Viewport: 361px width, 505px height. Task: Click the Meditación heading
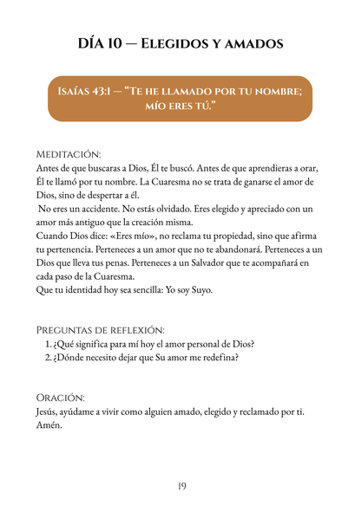[x=69, y=152]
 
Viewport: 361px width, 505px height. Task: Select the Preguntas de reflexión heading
[x=98, y=331]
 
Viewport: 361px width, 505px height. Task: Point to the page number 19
[x=180, y=486]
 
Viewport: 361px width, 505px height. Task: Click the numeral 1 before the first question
[x=48, y=345]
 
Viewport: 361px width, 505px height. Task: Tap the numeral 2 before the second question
[x=48, y=359]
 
